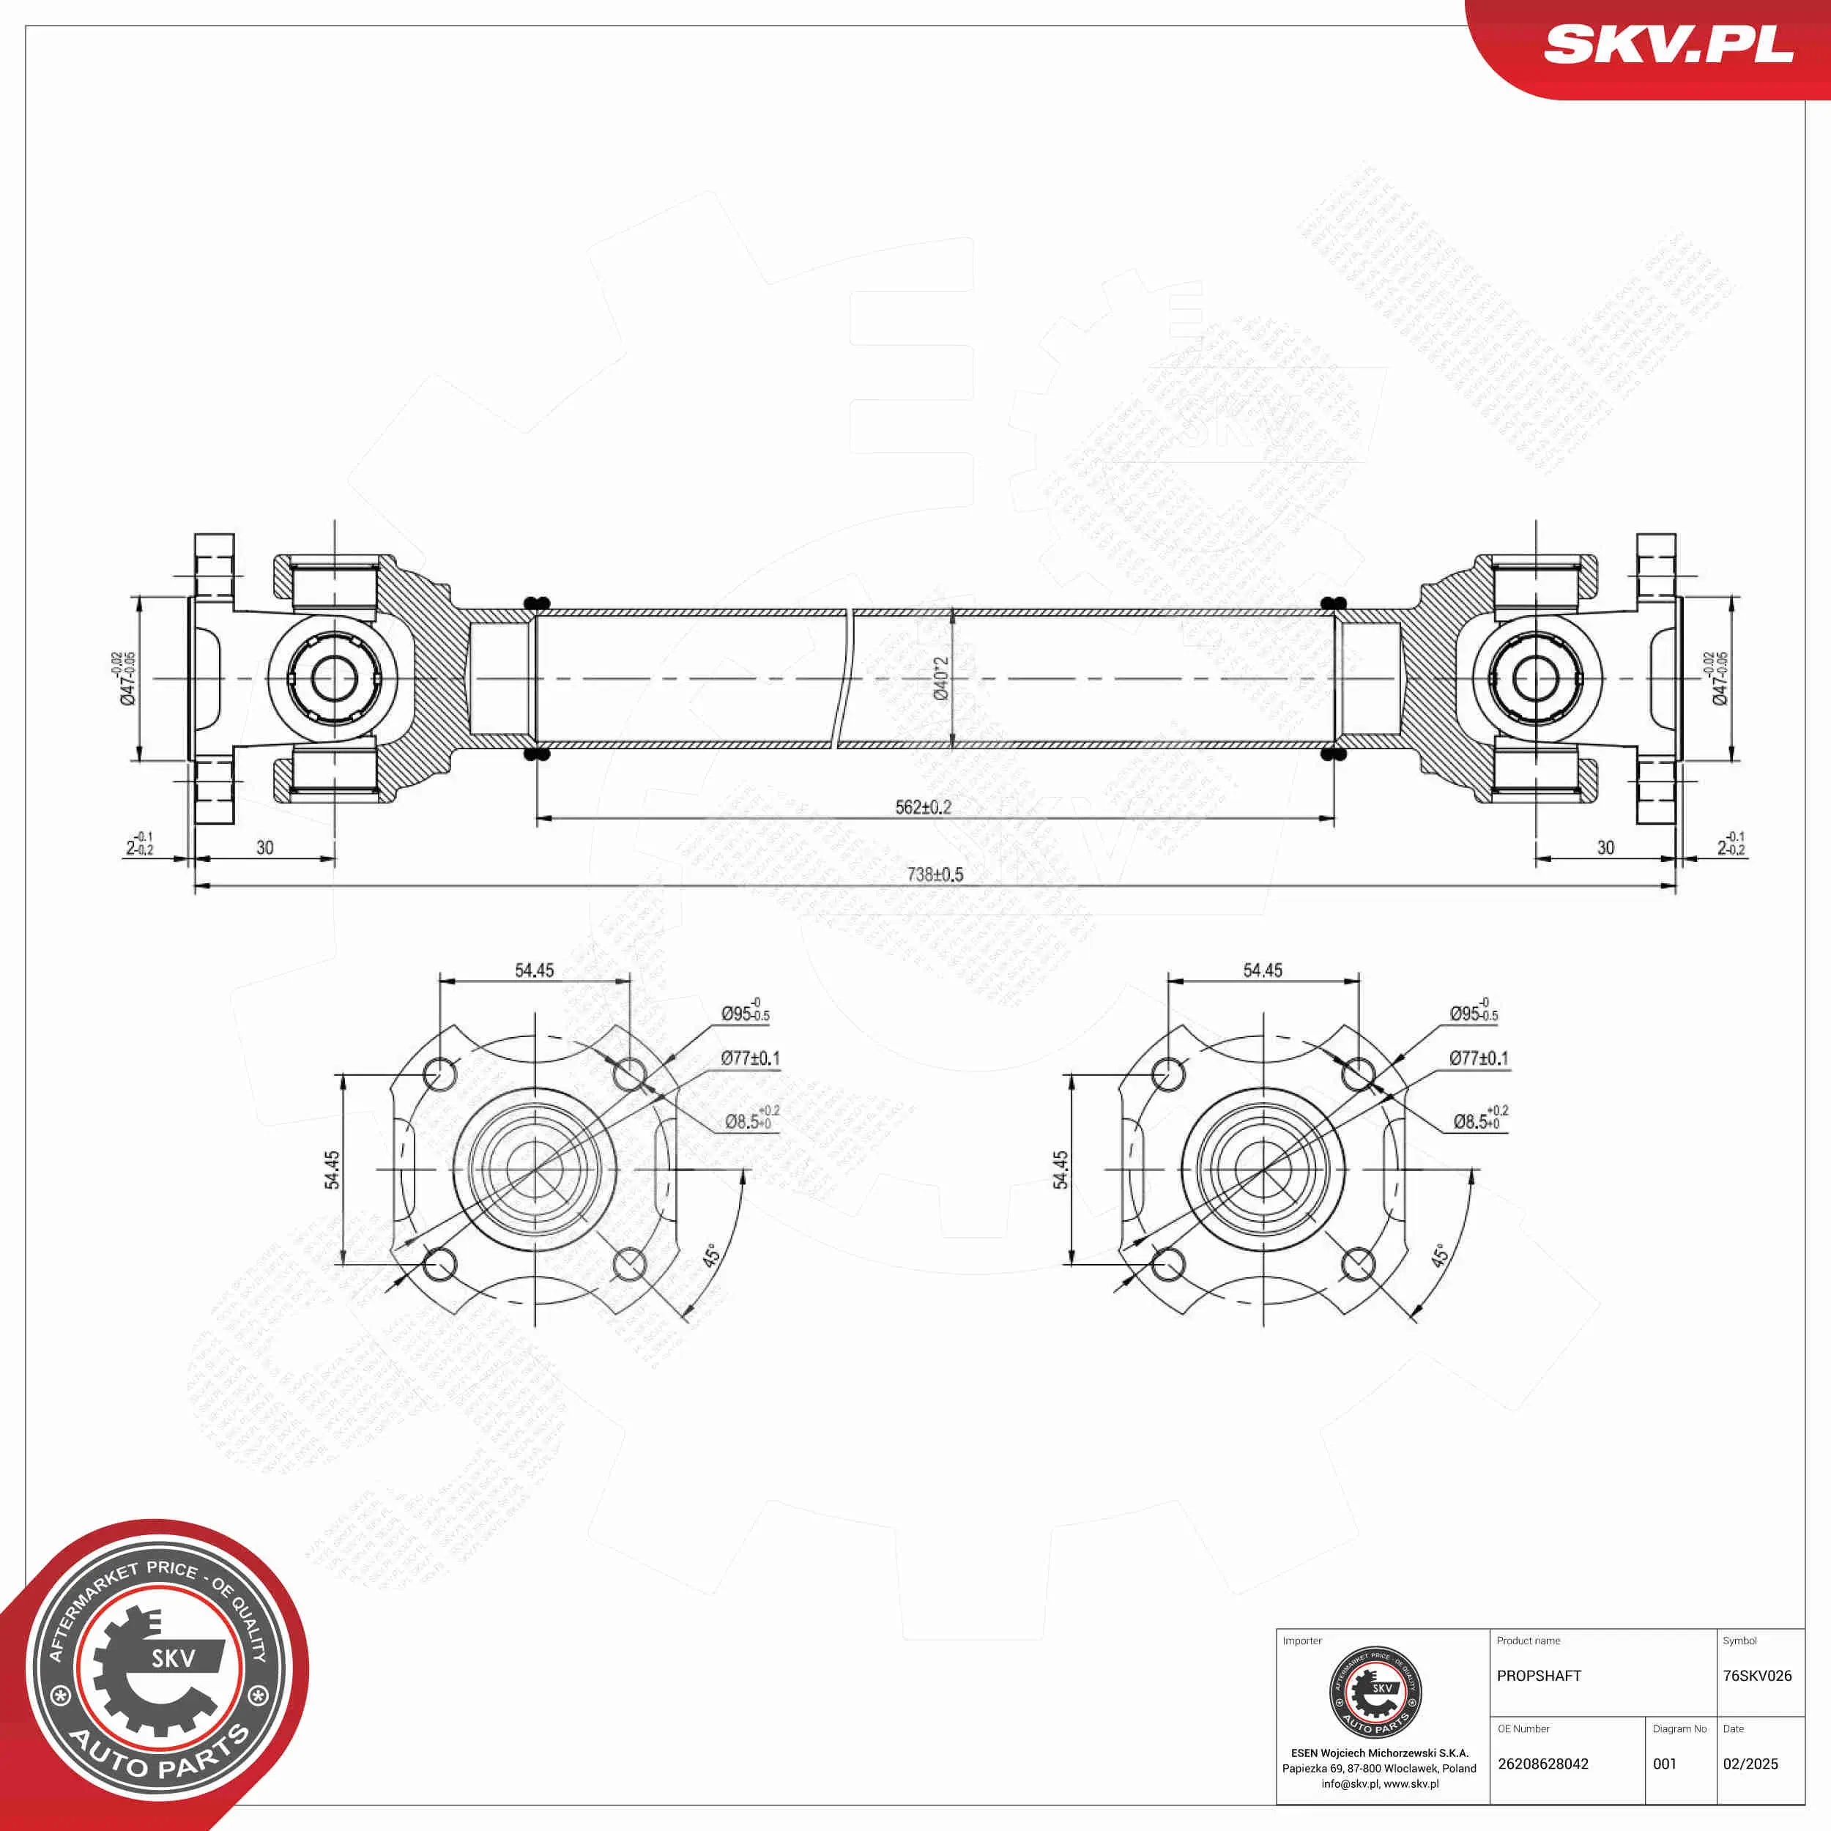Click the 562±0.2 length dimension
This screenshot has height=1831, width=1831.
point(922,806)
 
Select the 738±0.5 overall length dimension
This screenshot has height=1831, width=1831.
point(935,874)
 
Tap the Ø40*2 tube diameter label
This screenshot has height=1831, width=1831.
point(941,679)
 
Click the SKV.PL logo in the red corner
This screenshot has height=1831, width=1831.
point(1668,45)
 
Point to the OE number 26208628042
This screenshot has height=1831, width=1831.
point(1543,1764)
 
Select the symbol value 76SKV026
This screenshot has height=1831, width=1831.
point(1757,1676)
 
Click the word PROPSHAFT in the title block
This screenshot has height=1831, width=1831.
point(1539,1676)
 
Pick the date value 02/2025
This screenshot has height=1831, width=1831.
point(1750,1764)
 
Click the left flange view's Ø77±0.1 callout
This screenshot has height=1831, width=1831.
point(750,1058)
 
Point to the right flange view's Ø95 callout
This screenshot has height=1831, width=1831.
point(1474,1012)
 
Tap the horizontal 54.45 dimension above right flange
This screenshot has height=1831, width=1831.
point(1263,970)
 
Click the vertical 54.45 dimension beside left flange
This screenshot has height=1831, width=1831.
point(333,1170)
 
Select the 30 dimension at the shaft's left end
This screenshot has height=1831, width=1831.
point(265,847)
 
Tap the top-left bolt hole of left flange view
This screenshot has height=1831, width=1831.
point(439,1074)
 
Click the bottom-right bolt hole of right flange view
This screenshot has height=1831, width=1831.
point(1358,1263)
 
